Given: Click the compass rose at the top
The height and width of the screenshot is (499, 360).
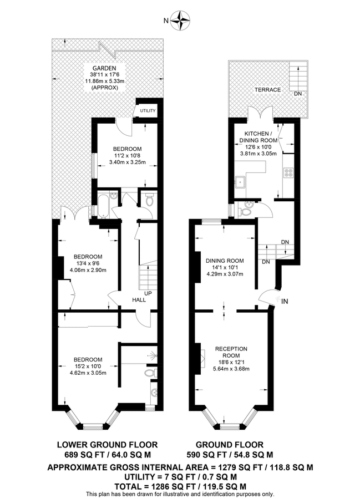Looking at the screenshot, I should [x=180, y=21].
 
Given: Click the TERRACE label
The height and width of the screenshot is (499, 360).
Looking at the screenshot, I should [x=268, y=90].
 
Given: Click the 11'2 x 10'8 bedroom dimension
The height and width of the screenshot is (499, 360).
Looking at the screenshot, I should [x=127, y=156].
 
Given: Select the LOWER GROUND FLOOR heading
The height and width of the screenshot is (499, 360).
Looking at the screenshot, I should [x=108, y=444].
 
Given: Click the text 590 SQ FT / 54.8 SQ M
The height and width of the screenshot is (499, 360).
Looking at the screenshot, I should [x=230, y=455].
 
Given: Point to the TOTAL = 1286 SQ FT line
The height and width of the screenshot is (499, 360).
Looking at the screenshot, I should [x=180, y=485].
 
